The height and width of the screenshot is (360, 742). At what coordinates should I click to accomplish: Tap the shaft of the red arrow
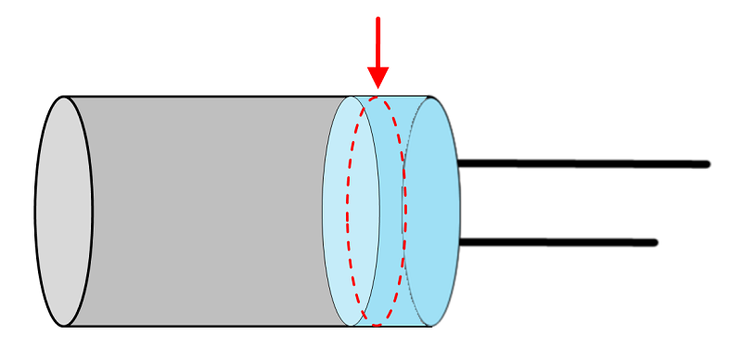click(x=377, y=42)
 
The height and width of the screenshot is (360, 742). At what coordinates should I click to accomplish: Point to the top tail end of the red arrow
click(x=377, y=18)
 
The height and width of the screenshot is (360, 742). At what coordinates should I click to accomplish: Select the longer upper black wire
click(x=584, y=164)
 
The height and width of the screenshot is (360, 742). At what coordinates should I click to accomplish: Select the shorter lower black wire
click(x=556, y=242)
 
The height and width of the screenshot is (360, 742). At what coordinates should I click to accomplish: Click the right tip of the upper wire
click(x=707, y=164)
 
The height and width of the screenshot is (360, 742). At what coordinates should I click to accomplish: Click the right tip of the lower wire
click(x=655, y=243)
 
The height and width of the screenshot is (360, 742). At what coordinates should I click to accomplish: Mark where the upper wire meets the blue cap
click(x=458, y=163)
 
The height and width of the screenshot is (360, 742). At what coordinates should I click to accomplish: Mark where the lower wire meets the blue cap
click(x=460, y=242)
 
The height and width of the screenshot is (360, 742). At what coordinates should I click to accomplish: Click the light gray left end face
click(x=64, y=212)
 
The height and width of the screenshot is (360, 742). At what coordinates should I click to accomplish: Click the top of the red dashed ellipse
click(x=377, y=95)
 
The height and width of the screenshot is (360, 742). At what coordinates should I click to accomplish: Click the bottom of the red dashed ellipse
click(x=377, y=325)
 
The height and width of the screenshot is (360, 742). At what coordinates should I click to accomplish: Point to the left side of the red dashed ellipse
click(x=348, y=212)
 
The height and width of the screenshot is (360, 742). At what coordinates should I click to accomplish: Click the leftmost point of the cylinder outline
click(x=35, y=212)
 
